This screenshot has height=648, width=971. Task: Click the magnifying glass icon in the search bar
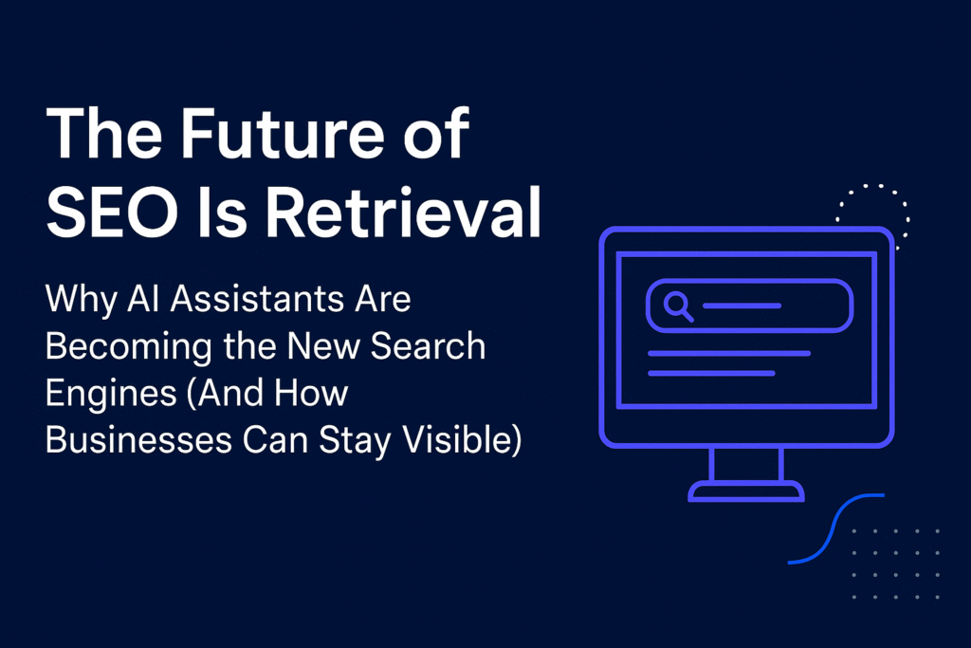point(678,305)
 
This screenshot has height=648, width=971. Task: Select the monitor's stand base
point(746,491)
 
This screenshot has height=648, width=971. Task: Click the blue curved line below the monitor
point(834,529)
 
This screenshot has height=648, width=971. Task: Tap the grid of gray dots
point(896,564)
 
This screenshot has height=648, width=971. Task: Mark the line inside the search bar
point(742,305)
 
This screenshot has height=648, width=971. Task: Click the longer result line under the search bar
point(728,353)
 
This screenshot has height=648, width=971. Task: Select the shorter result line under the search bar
point(710,373)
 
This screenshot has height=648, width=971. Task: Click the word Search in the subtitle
point(429,346)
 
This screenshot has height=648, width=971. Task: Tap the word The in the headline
point(97,137)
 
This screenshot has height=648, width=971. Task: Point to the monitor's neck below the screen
point(746,465)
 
